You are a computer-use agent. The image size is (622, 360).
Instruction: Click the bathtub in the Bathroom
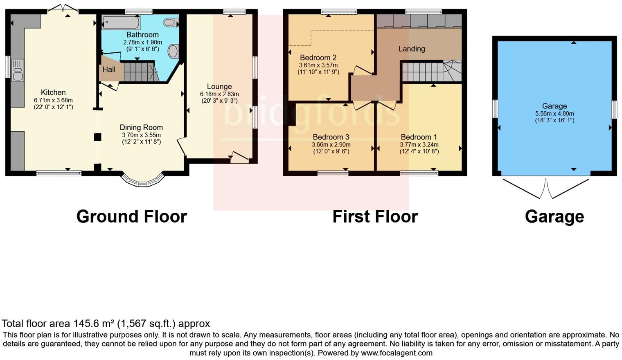pos(121,22)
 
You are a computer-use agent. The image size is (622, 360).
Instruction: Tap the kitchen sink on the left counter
pos(18,70)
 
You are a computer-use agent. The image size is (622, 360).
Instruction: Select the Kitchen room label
pos(53,92)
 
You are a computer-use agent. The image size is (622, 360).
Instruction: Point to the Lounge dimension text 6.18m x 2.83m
pos(219,94)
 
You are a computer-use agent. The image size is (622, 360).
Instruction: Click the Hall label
pos(109,70)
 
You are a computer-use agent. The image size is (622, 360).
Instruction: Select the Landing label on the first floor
pos(412,49)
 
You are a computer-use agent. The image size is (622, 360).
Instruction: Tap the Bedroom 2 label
pos(318,58)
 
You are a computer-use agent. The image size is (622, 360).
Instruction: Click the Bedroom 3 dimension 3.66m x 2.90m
pos(331,144)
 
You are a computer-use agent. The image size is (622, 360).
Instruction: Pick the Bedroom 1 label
pos(419,137)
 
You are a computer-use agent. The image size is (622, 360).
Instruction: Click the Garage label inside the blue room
pos(554,106)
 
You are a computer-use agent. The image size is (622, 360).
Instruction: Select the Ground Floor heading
pos(131,216)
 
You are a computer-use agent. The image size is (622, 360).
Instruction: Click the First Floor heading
pos(375,216)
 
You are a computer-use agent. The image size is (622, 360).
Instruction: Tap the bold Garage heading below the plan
pos(554,216)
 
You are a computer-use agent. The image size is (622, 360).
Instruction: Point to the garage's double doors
pos(546,188)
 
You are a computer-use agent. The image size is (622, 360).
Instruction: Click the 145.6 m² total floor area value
pos(94,324)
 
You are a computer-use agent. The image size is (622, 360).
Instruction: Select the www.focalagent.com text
pos(397,353)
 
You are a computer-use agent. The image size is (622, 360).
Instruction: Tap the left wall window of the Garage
pos(495,109)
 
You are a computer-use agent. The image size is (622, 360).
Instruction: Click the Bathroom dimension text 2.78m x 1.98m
pos(142,42)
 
